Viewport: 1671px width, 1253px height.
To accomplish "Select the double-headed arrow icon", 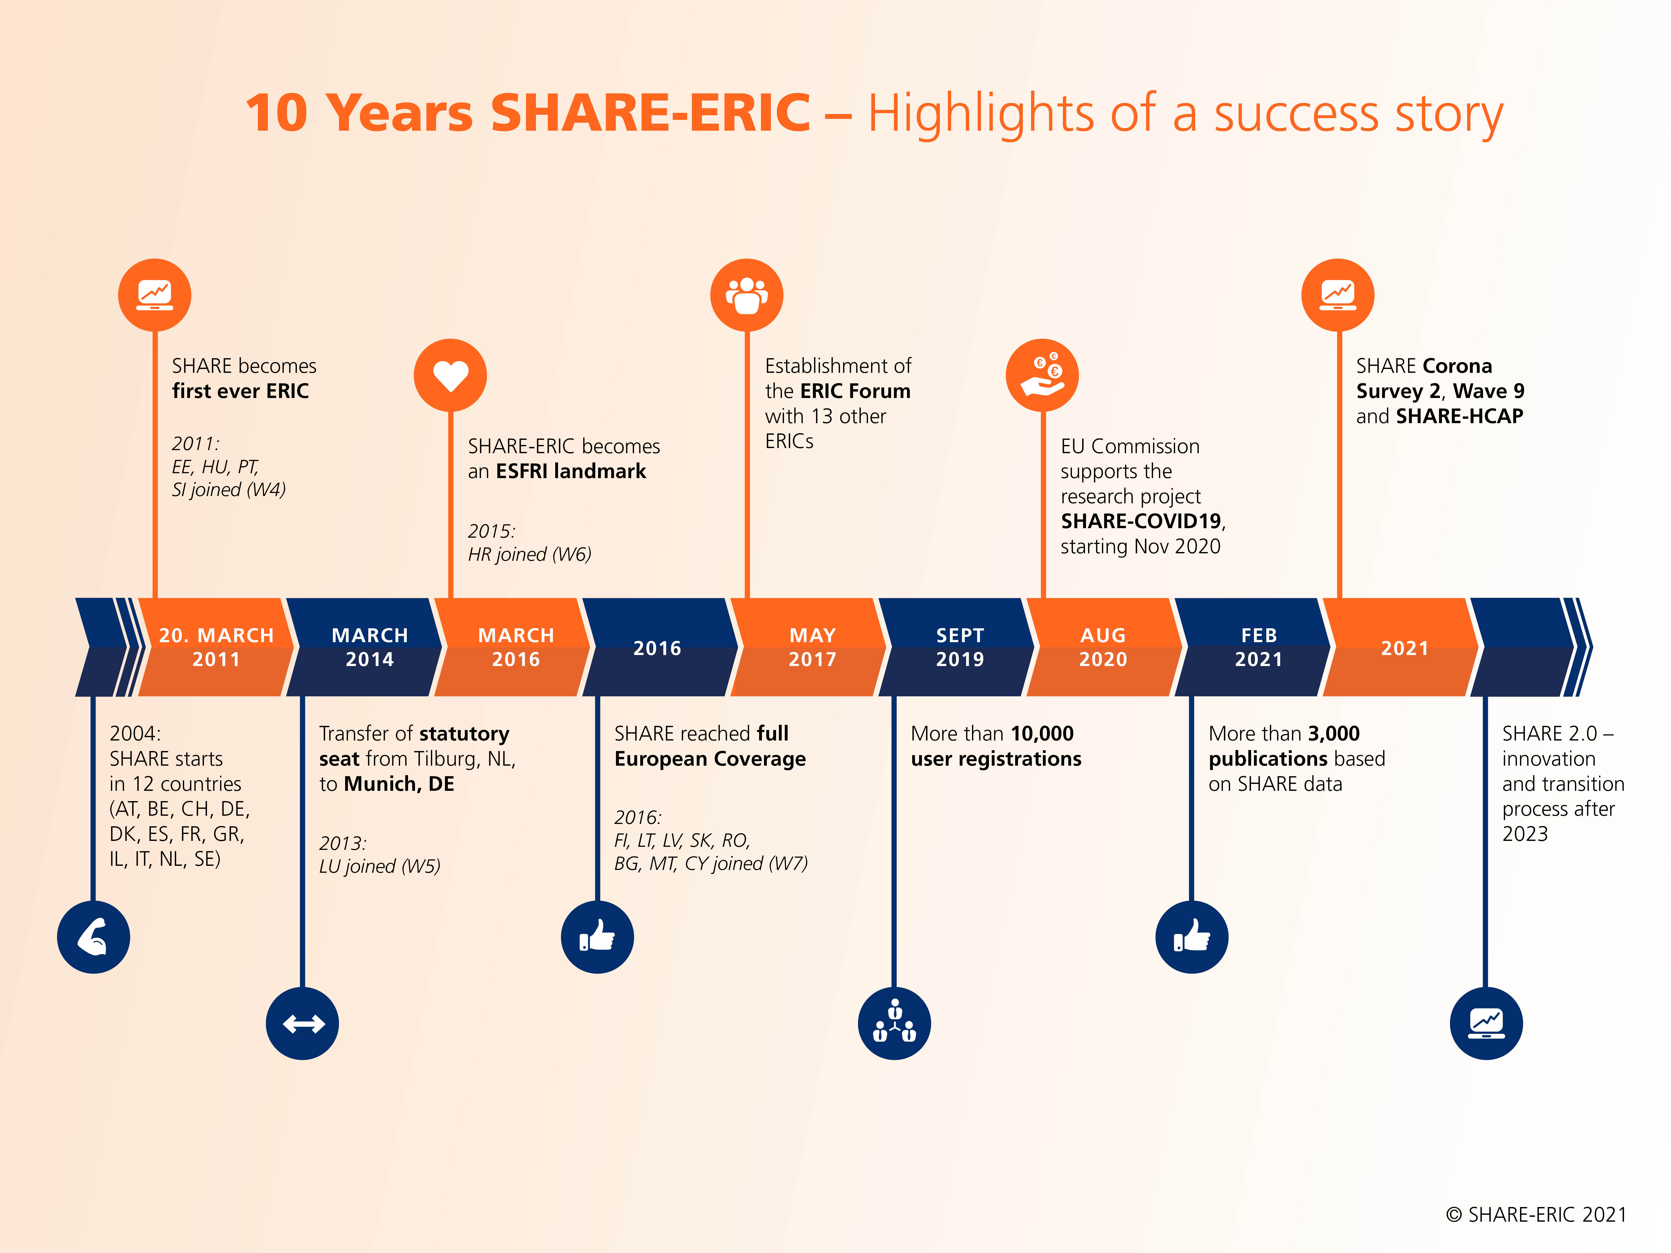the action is pos(303,1023).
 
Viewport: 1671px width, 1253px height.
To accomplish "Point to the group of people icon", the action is pos(746,295).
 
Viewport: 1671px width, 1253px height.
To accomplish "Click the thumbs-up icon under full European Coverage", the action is pos(597,936).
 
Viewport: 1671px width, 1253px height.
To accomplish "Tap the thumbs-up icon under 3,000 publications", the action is pos(1191,936).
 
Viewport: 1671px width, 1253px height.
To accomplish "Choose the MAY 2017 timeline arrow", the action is pos(812,647).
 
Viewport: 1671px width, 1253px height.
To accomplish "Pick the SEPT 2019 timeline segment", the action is pos(959,647).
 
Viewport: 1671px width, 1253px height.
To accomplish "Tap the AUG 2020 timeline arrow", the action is pos(1103,647).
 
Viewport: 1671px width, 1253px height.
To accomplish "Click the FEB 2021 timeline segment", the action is pos(1258,647).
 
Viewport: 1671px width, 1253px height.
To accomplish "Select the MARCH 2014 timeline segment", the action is pos(369,647).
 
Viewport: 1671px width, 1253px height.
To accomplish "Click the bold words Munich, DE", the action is pos(399,784).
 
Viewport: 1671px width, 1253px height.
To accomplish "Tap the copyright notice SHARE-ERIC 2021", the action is pos(1536,1214).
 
